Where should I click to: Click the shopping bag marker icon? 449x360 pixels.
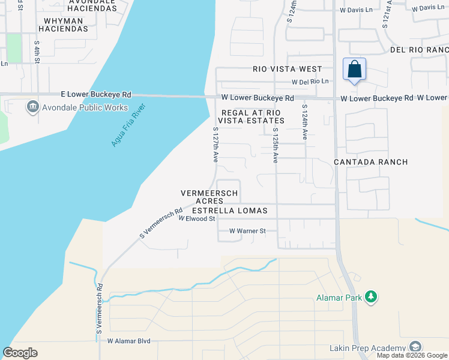[x=355, y=69]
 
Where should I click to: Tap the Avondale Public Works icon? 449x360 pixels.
[x=32, y=107]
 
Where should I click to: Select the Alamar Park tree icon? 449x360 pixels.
[x=372, y=297]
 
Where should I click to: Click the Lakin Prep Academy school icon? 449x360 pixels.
[x=415, y=347]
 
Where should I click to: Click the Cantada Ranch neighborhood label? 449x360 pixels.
[x=370, y=162]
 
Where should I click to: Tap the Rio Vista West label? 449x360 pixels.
[x=287, y=69]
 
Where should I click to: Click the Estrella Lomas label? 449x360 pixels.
[x=234, y=211]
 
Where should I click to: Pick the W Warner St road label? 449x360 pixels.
[x=247, y=231]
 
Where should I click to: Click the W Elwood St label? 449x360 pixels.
[x=197, y=219]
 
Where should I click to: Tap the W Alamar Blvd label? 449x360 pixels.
[x=128, y=341]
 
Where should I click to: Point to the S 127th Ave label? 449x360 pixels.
[x=215, y=145]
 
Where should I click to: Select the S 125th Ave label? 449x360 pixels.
[x=276, y=145]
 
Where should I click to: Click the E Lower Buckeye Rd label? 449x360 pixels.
[x=96, y=95]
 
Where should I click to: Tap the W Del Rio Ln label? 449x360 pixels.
[x=310, y=82]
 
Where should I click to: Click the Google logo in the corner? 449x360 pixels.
[x=20, y=353]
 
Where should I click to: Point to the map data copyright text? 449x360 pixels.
[x=411, y=355]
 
